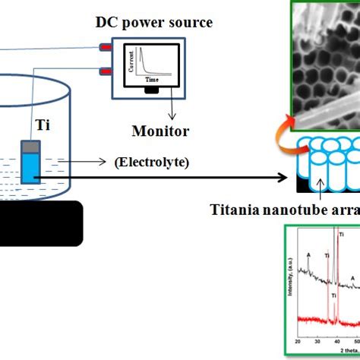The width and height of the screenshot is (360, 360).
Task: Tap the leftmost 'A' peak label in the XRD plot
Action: coord(308,255)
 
